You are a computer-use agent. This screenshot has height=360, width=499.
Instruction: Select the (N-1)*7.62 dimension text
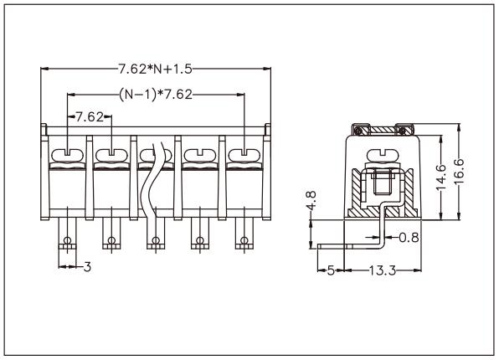pos(155,94)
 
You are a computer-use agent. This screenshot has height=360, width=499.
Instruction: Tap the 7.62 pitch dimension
pos(90,117)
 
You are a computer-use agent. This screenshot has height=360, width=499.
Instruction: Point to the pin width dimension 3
pos(86,268)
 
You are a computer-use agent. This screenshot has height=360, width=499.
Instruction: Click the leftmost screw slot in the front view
pos(66,154)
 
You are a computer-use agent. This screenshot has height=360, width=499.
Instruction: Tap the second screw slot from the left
pos(111,154)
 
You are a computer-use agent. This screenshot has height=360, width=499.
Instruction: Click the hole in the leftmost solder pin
pos(66,244)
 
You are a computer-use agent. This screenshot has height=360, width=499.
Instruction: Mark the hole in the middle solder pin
pos(155,244)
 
